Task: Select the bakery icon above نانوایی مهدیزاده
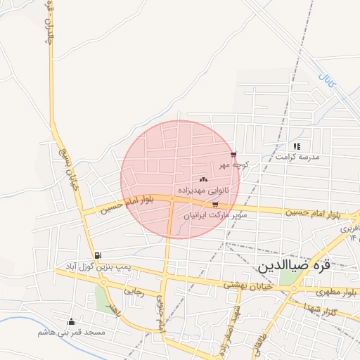click(x=204, y=179)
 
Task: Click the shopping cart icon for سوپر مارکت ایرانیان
click(x=215, y=205)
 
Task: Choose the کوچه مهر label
click(x=234, y=165)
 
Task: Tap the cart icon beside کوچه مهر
click(x=233, y=155)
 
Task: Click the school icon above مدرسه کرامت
click(x=297, y=146)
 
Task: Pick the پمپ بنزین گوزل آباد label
click(x=98, y=267)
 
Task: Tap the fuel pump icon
click(x=97, y=255)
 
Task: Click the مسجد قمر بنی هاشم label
click(x=72, y=331)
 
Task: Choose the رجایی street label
click(x=134, y=291)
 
